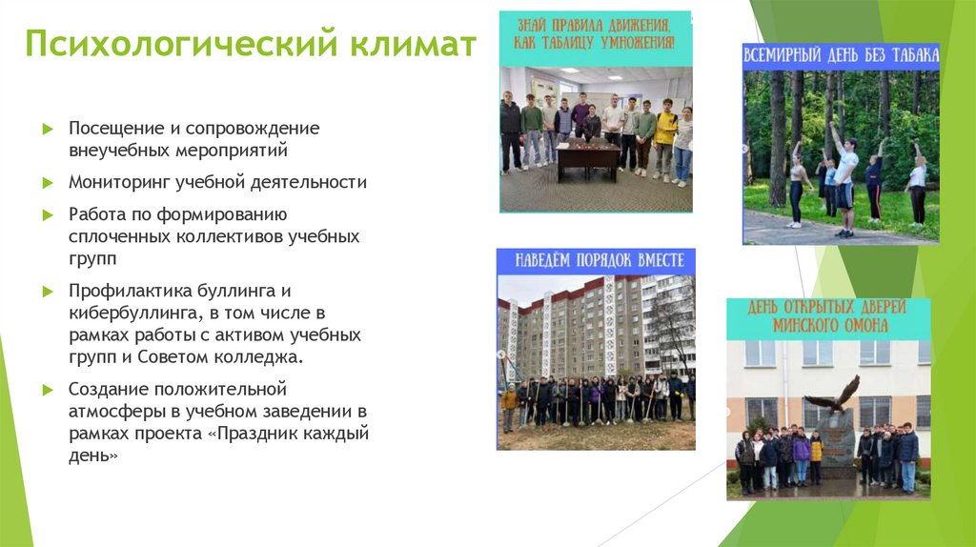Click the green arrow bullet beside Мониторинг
click(x=48, y=182)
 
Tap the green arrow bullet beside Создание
click(x=48, y=390)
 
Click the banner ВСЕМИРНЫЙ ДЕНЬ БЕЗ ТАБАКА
click(x=841, y=56)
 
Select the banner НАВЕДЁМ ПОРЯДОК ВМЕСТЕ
click(x=596, y=261)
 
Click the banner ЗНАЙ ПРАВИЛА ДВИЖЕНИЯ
click(x=596, y=33)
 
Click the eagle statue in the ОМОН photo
click(x=832, y=394)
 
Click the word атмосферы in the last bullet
click(x=111, y=411)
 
